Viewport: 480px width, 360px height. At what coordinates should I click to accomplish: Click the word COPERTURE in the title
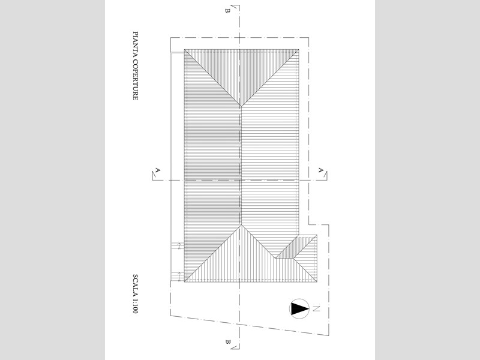[136, 79]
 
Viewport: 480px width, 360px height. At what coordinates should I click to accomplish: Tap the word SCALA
[136, 284]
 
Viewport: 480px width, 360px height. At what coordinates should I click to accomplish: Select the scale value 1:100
[136, 305]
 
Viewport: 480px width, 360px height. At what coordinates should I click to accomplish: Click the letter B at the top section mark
[227, 11]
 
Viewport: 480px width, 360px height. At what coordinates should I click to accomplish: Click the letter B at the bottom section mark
[227, 342]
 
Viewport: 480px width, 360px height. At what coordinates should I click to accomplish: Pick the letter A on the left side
[158, 170]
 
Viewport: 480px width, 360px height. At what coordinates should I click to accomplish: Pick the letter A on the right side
[320, 170]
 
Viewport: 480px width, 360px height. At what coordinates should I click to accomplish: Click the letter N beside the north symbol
[316, 308]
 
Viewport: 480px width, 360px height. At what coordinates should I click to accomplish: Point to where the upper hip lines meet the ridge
[241, 106]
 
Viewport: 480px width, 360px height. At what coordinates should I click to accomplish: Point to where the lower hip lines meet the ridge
[241, 224]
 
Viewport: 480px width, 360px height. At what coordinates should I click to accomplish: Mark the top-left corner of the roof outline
[184, 49]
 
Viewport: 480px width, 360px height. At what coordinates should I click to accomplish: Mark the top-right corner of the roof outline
[299, 49]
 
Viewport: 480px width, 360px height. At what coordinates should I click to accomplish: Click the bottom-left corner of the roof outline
[184, 282]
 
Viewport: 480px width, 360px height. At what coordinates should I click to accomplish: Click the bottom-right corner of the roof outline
[317, 282]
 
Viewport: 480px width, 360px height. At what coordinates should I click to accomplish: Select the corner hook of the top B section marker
[239, 5]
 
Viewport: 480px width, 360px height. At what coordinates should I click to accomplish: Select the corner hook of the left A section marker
[153, 179]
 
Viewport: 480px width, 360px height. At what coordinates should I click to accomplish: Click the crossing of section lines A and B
[239, 180]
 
